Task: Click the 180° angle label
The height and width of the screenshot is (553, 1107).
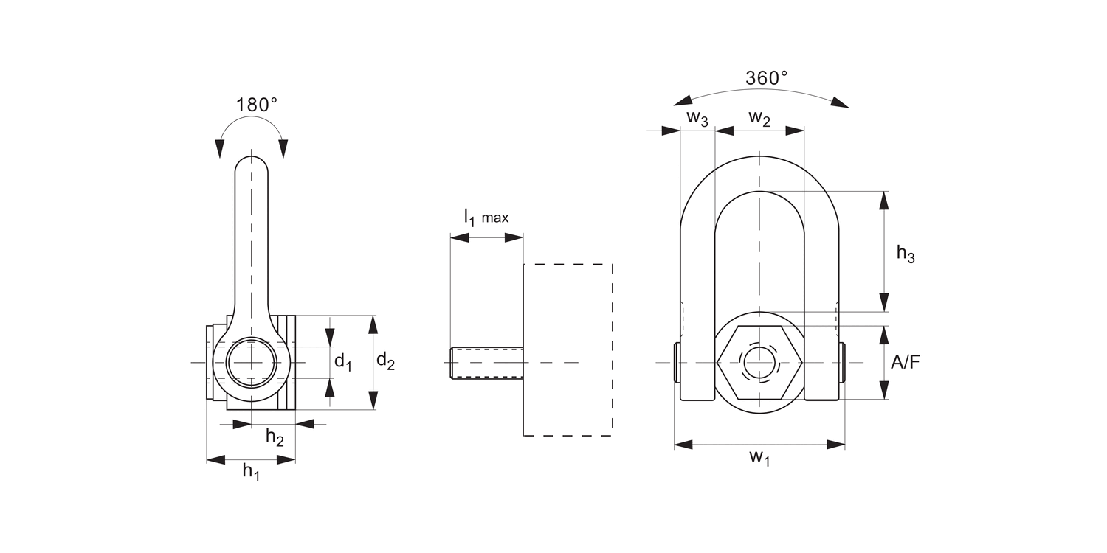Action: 256,105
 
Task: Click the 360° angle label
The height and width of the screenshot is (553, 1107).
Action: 766,78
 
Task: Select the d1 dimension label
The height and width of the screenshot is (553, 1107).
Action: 342,361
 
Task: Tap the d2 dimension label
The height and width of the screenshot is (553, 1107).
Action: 385,361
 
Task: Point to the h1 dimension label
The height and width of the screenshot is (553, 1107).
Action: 251,472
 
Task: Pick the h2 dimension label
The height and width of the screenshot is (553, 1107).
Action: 275,437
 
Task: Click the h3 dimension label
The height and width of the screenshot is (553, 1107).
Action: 906,254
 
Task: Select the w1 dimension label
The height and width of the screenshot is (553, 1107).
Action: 759,458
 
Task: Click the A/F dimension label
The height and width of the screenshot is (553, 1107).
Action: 906,362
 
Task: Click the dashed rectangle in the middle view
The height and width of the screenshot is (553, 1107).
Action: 567,349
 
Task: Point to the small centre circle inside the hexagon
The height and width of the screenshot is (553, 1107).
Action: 759,362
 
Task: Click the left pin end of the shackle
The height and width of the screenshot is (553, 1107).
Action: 677,362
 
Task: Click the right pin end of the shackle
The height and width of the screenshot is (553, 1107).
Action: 842,362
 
